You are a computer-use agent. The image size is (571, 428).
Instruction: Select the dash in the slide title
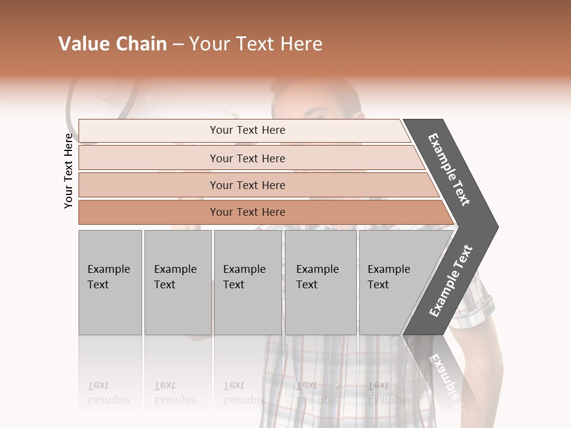(177, 45)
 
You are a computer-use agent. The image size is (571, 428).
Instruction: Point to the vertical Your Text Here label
(68, 171)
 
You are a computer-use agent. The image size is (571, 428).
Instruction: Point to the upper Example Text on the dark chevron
(449, 169)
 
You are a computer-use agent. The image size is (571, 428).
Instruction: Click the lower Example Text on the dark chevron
(451, 281)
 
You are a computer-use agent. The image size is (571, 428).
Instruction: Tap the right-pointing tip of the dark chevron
(494, 227)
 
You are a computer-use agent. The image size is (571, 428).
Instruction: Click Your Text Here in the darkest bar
(247, 212)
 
